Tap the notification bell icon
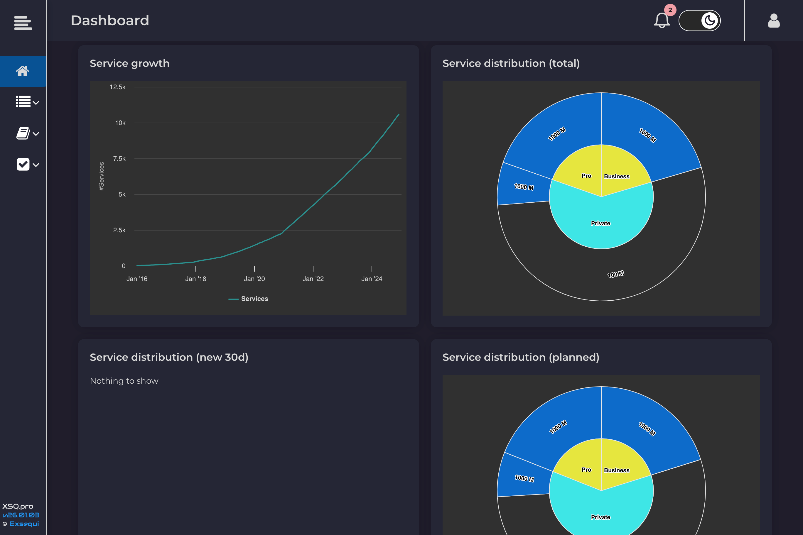point(661,21)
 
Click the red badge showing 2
point(670,10)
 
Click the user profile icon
point(774,21)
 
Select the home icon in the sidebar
point(23,71)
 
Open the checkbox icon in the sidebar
point(23,165)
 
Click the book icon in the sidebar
point(23,133)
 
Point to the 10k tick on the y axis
point(120,123)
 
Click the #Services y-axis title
point(101,176)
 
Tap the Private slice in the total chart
point(600,223)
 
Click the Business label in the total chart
point(616,176)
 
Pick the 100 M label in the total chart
point(615,274)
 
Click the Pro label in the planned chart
point(586,470)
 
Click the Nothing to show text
point(124,381)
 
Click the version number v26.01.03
point(21,515)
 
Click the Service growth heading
point(129,63)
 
